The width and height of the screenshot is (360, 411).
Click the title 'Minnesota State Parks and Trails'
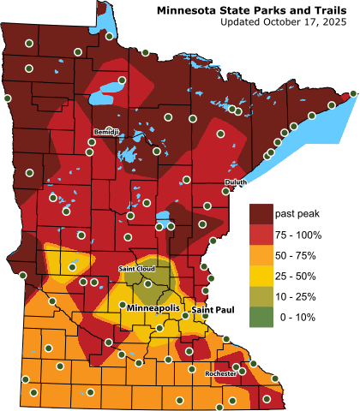click(x=255, y=9)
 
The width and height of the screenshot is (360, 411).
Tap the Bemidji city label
click(x=107, y=131)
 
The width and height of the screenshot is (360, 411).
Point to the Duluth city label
click(x=235, y=182)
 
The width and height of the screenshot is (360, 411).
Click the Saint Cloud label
click(x=135, y=269)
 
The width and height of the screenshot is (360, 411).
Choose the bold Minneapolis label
click(x=154, y=307)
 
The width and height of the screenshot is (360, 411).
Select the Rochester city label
click(x=221, y=373)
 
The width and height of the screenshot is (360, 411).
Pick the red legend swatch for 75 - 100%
click(x=260, y=234)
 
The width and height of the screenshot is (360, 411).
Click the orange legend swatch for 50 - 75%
click(x=260, y=254)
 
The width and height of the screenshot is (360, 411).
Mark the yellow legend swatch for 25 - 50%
click(x=260, y=276)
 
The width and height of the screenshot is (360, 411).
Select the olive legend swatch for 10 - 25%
click(x=260, y=296)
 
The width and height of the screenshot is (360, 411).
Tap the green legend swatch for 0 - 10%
click(x=260, y=318)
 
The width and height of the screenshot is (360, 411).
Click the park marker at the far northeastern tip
click(x=353, y=93)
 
